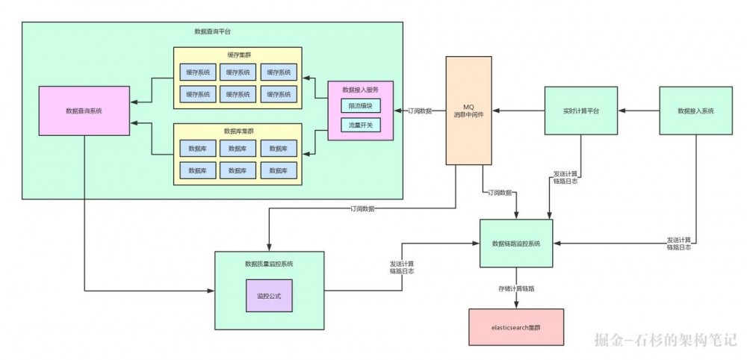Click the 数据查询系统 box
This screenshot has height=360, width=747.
84,111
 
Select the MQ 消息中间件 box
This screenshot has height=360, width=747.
469,111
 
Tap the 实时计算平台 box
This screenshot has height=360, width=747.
580,111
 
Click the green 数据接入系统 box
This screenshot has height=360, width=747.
695,111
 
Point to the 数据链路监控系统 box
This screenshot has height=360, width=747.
516,243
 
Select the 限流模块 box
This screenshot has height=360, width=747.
360,106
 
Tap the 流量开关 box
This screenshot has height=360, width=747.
360,125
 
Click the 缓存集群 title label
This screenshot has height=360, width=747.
238,55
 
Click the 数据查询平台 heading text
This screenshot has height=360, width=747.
212,31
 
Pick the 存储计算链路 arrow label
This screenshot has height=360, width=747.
516,287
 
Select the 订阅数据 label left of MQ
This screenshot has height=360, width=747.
419,111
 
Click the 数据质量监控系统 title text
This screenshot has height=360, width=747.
269,264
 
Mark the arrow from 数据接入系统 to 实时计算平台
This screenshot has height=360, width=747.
639,111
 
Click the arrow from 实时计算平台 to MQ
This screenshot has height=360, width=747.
518,111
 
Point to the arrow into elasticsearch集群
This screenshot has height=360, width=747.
516,299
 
